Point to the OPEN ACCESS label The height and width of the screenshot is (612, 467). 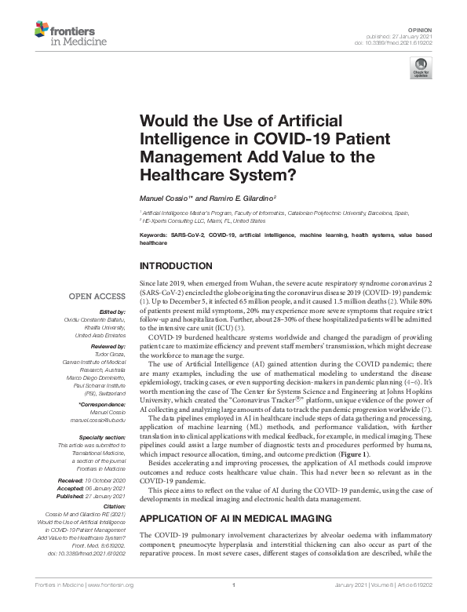pyautogui.click(x=97, y=297)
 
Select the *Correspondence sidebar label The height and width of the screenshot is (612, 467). pyautogui.click(x=103, y=406)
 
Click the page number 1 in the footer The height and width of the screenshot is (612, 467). pyautogui.click(x=233, y=607)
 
